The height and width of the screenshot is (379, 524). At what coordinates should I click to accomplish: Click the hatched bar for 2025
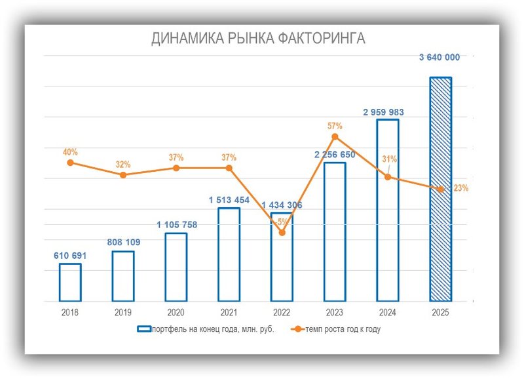pyautogui.click(x=440, y=189)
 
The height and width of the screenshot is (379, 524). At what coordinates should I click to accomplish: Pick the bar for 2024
pyautogui.click(x=387, y=210)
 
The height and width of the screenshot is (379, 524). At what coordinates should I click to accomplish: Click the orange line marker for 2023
pyautogui.click(x=335, y=136)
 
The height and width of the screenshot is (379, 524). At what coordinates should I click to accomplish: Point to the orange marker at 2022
pyautogui.click(x=282, y=232)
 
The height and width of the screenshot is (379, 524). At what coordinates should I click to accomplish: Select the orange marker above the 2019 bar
pyautogui.click(x=123, y=174)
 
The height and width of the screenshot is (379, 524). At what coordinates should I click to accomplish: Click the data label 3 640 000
pyautogui.click(x=440, y=57)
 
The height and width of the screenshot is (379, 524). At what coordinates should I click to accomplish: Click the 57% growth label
pyautogui.click(x=335, y=125)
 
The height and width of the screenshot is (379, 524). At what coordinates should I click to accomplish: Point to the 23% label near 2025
pyautogui.click(x=460, y=188)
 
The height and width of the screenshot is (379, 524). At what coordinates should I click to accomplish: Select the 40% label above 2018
pyautogui.click(x=70, y=151)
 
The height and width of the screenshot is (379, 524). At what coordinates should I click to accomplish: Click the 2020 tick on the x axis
pyautogui.click(x=176, y=313)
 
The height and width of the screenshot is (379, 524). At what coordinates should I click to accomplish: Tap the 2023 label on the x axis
pyautogui.click(x=335, y=313)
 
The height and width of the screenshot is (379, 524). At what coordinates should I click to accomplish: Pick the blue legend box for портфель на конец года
pyautogui.click(x=144, y=329)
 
